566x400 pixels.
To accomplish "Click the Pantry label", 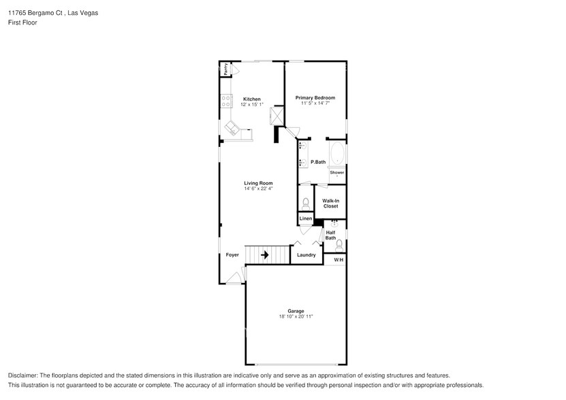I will [225, 69].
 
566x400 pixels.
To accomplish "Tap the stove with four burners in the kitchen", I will [225, 101].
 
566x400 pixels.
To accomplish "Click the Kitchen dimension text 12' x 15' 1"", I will [252, 105].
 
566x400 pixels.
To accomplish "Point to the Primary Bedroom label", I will [315, 98].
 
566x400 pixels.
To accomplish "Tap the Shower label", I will [337, 173].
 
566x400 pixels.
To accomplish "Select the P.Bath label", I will [318, 162].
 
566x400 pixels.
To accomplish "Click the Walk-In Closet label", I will [331, 203].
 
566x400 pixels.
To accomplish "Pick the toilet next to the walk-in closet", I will [306, 203].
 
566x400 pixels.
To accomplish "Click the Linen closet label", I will [306, 218].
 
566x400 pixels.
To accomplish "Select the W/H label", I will [339, 261].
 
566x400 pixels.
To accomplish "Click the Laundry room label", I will [306, 255].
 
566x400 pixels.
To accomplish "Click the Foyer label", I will [233, 255].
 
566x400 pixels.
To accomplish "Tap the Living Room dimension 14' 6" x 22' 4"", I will [259, 188].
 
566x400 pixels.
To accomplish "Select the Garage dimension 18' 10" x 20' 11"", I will [296, 316].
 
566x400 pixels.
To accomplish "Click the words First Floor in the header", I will [22, 22].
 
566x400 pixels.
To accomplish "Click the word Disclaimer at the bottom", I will [23, 376].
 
